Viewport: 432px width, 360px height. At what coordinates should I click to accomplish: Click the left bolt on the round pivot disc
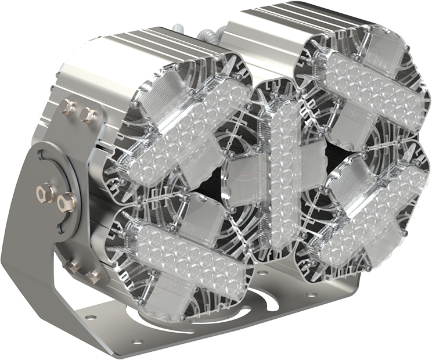pyautogui.click(x=45, y=191)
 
